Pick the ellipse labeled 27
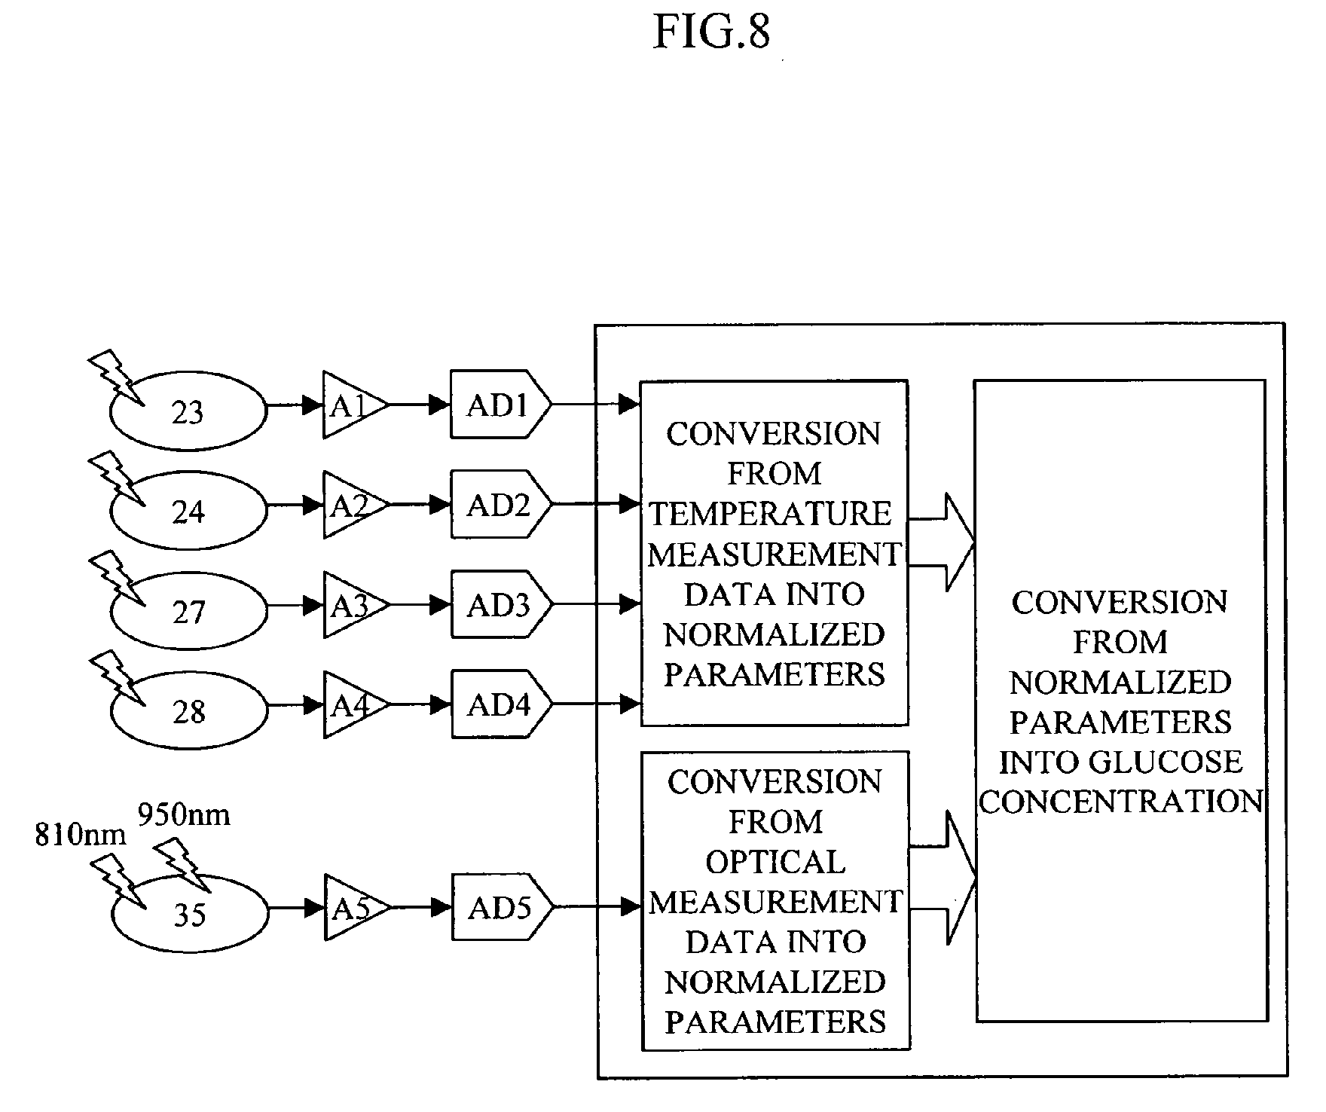(188, 611)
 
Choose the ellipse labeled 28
(188, 710)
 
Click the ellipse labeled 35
(189, 914)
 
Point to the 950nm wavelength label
(184, 814)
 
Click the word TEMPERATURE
(771, 514)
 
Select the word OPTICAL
(775, 862)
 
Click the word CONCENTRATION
(1120, 801)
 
